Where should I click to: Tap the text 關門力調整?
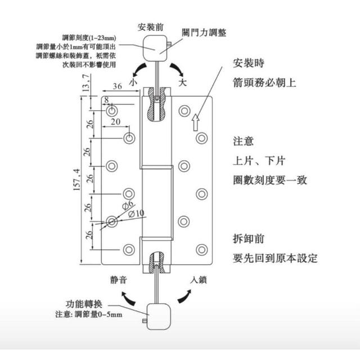(x=204, y=33)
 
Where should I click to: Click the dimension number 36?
(x=117, y=86)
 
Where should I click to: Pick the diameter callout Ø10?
(x=136, y=214)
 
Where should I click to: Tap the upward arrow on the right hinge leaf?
(x=196, y=121)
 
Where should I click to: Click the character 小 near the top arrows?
(x=133, y=83)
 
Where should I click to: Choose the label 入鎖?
(x=200, y=280)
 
